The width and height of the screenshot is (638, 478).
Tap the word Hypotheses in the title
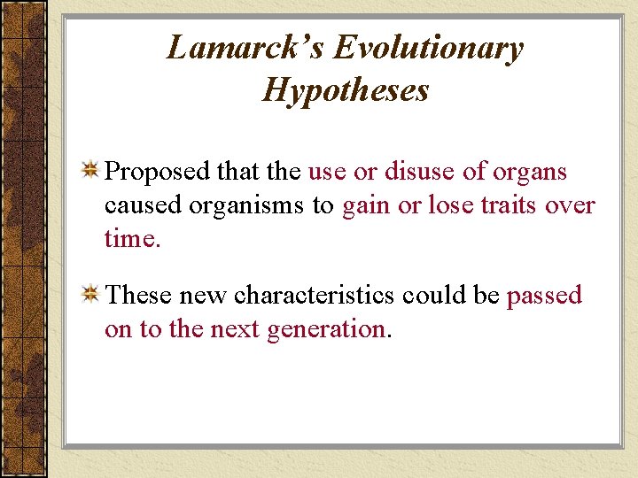[346, 89]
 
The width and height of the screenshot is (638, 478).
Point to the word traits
[509, 205]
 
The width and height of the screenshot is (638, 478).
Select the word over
[572, 205]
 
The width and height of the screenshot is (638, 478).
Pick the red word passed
[544, 296]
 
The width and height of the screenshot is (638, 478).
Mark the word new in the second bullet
[204, 295]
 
